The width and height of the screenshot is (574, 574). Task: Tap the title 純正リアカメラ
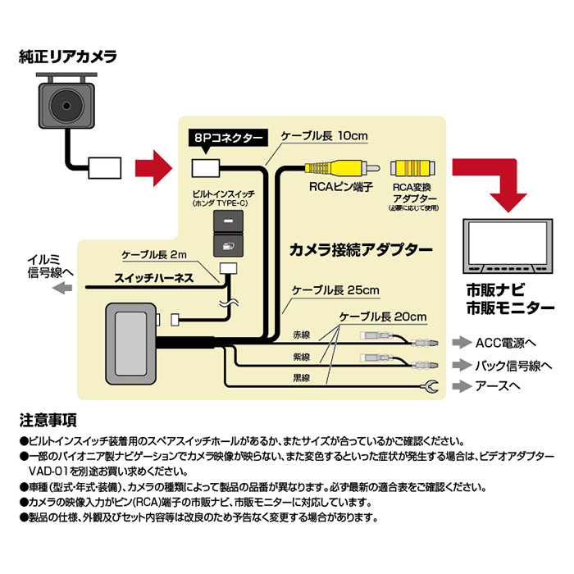tap(68, 57)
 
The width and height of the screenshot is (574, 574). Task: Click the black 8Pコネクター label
tap(226, 138)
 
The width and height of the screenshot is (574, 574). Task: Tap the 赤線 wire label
tap(302, 335)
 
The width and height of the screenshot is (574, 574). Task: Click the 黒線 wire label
tap(302, 378)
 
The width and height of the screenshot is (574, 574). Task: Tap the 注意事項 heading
tap(48, 421)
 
